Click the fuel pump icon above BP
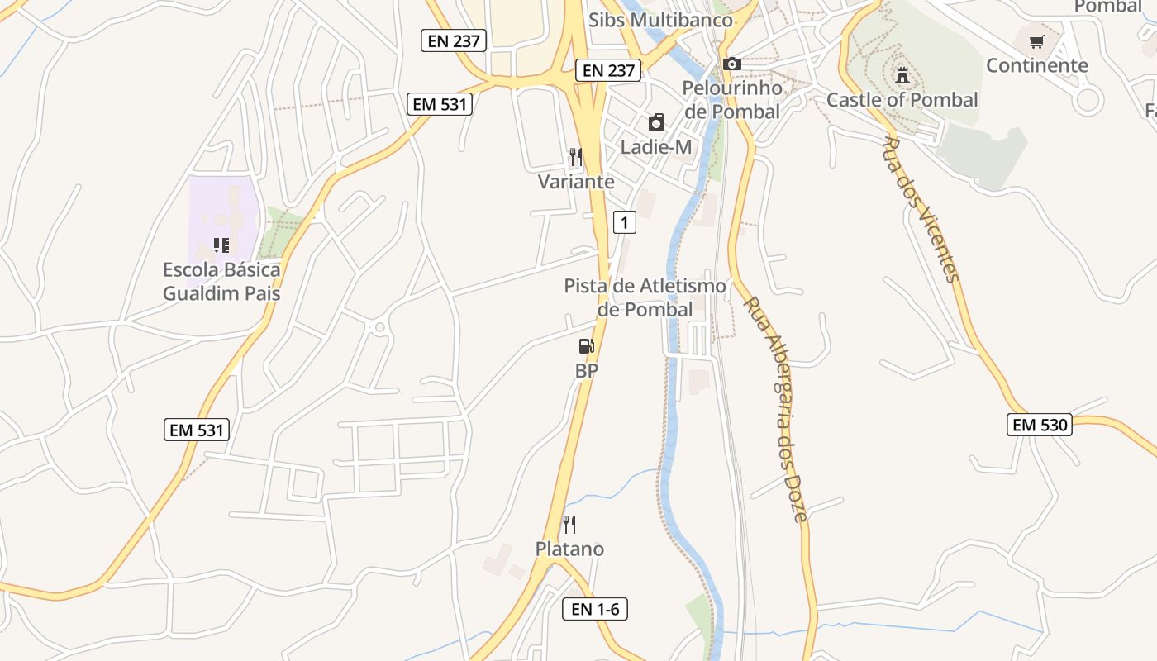pos(586,347)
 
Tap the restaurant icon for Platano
pos(569,524)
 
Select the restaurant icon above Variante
pos(576,156)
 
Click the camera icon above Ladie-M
pos(656,123)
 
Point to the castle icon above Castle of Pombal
pos(902,75)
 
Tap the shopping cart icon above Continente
pos(1037,41)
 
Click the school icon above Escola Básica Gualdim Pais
pos(221,245)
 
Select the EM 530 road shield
pos(1040,425)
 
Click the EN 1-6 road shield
pos(594,610)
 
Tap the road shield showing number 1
pos(625,221)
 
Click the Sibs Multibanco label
pos(660,20)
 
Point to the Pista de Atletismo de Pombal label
pos(645,297)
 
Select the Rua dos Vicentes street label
pos(921,210)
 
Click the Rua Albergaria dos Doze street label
pos(774,409)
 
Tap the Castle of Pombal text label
pos(902,100)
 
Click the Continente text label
pos(1037,65)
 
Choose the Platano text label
pos(569,549)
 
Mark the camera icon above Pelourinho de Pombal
pos(731,64)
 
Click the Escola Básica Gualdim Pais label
pos(221,281)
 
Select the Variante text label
pos(576,181)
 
